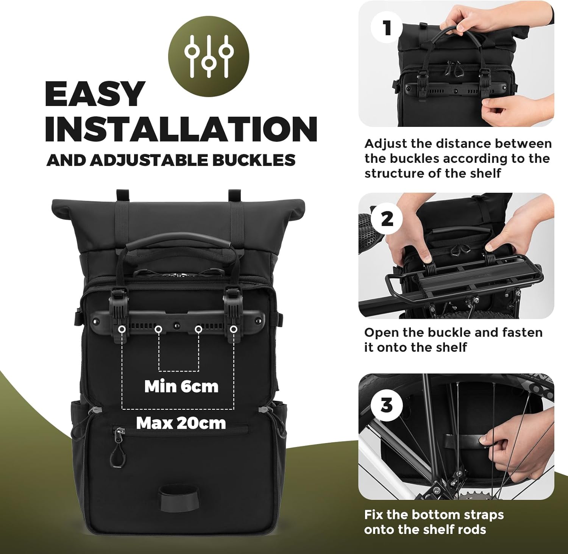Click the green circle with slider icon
[209, 56]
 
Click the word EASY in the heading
[95, 94]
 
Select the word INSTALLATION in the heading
[181, 129]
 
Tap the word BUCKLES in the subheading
[253, 160]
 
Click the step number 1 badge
[387, 28]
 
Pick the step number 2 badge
[387, 218]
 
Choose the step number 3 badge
[387, 405]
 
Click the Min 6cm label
[181, 387]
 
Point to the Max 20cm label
[181, 423]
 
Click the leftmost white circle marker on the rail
[122, 329]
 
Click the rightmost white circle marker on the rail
[234, 329]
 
